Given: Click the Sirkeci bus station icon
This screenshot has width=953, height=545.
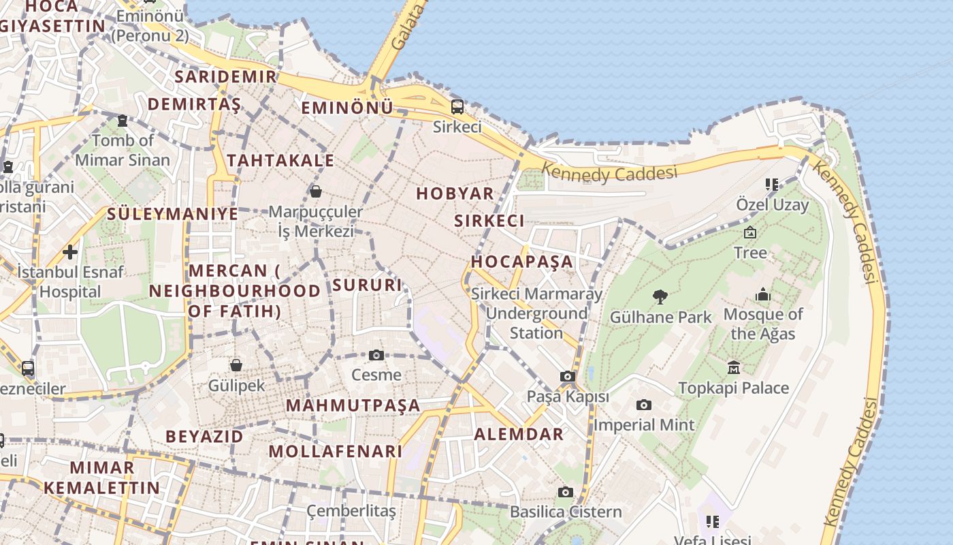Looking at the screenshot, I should [457, 106].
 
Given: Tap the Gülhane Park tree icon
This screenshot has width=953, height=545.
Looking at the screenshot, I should [660, 296].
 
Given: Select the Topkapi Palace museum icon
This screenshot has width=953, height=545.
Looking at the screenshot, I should [733, 368].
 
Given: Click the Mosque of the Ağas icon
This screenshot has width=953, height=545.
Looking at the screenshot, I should [763, 294].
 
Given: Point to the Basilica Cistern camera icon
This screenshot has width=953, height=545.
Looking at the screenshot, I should [565, 492].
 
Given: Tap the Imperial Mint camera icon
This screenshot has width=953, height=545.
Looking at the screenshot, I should [643, 405].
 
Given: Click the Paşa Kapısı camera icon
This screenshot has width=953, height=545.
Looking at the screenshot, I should [568, 376].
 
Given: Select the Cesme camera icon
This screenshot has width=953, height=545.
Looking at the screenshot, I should [376, 355].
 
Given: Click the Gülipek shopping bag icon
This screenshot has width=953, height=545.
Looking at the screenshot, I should [236, 365].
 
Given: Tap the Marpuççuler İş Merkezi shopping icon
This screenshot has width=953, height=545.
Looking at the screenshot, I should [315, 191].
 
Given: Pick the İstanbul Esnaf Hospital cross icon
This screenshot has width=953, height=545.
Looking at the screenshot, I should [69, 252].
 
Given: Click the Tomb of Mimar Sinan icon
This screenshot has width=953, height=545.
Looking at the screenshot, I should [123, 121].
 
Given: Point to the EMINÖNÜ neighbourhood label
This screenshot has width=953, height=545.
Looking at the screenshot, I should [347, 108].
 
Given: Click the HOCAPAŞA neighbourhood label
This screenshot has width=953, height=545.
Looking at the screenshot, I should [522, 262].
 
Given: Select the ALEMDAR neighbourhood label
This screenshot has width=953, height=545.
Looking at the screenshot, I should [519, 434].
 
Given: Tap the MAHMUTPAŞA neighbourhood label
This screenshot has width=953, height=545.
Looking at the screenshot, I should [353, 405].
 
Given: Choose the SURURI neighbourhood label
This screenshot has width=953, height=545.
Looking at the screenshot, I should [368, 285].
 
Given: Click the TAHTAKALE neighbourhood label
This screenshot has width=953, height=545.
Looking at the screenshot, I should [280, 161].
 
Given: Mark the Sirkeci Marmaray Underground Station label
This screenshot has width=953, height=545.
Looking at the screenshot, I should [536, 313].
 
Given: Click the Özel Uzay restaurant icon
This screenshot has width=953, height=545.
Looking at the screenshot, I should [771, 184].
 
